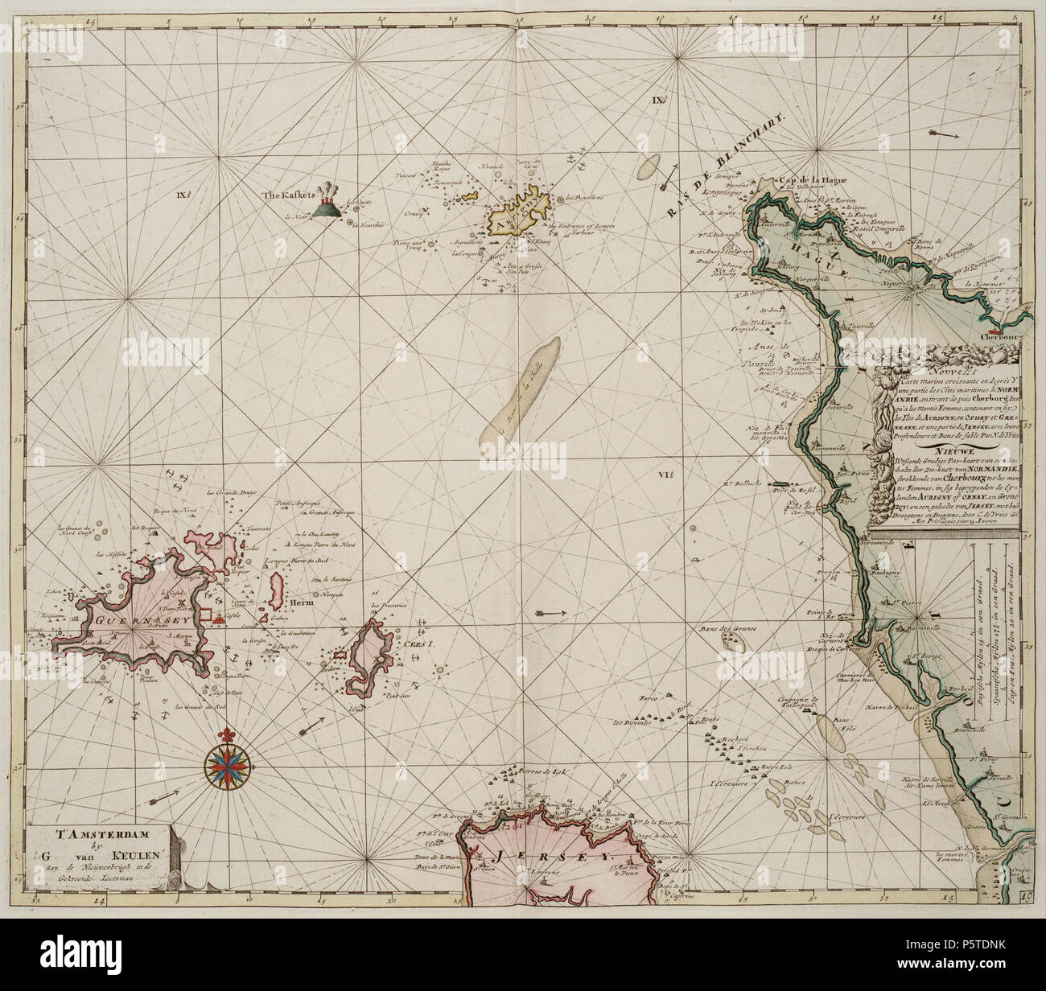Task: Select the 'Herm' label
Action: pos(300,602)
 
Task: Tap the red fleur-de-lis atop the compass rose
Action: pos(224,736)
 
